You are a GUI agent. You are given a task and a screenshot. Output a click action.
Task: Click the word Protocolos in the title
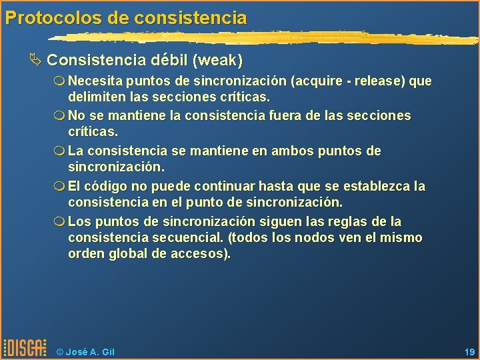tap(45, 17)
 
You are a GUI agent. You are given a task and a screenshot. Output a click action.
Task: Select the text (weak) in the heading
tap(217, 61)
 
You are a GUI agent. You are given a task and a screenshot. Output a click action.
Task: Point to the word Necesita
tap(91, 81)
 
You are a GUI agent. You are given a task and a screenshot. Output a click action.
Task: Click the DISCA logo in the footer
tap(25, 347)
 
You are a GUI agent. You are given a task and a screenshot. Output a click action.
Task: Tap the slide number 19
tap(468, 351)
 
